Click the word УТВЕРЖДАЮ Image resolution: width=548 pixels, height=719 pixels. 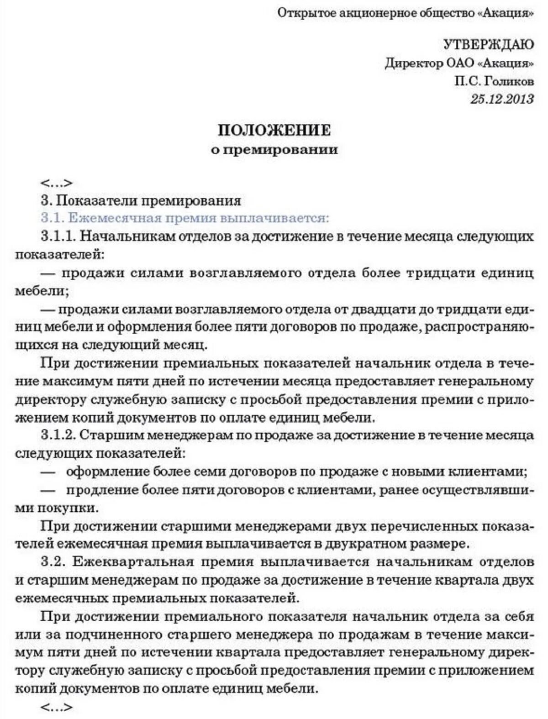click(488, 44)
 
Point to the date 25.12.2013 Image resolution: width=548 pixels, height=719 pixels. click(502, 99)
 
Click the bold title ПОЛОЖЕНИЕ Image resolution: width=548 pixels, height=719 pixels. click(274, 130)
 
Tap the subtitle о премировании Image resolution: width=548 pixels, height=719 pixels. click(274, 149)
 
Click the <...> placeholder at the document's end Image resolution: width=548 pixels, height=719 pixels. click(56, 708)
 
